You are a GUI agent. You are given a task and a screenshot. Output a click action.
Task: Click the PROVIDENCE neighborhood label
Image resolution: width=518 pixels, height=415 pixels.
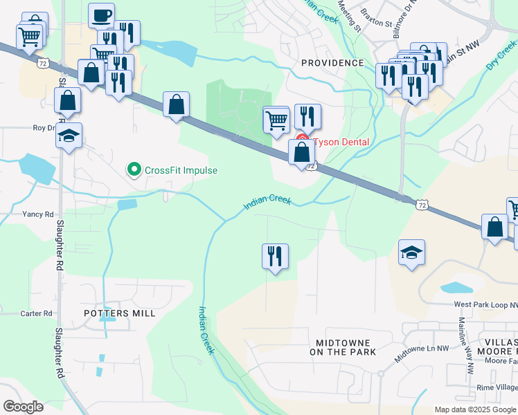[x=332, y=63]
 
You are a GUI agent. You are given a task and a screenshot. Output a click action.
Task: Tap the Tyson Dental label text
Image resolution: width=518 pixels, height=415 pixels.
[x=341, y=142]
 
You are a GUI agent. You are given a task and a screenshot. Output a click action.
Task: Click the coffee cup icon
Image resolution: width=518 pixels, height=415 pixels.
[x=102, y=15]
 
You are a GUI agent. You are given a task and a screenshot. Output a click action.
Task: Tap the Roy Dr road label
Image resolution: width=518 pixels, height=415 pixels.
[x=44, y=128]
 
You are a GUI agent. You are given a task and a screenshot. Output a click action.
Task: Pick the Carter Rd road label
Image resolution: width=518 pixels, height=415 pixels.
[x=37, y=313]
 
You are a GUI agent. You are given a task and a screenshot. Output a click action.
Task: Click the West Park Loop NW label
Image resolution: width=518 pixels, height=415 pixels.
[x=485, y=304]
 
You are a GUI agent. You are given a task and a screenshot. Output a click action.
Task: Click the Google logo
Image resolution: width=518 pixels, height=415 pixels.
[x=23, y=407]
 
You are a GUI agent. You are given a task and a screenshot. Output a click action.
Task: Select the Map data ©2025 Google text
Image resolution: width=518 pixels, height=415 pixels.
[x=475, y=409]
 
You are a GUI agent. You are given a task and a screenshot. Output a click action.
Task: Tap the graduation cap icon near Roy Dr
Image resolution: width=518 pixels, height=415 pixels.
[x=69, y=135]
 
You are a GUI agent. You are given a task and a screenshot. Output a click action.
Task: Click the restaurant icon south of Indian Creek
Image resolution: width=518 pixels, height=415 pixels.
[x=275, y=257]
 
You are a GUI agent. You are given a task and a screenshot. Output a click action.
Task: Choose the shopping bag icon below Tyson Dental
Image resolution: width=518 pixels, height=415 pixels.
[x=302, y=152]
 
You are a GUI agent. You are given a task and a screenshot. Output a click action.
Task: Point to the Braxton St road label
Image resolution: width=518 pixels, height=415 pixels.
[x=378, y=24]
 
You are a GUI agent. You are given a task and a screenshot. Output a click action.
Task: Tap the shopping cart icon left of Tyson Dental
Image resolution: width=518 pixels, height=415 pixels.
[x=276, y=120]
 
